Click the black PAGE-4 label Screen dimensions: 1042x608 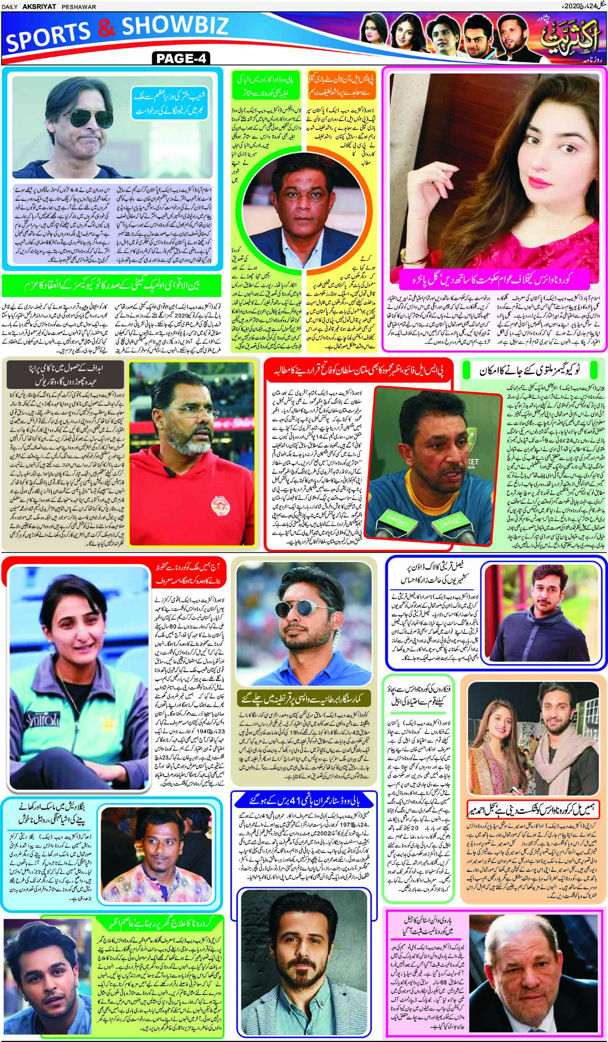click(181, 58)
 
